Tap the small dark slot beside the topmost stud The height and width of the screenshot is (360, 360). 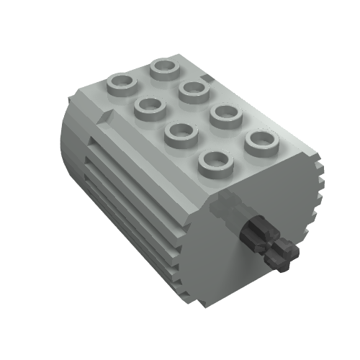coord(207,76)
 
